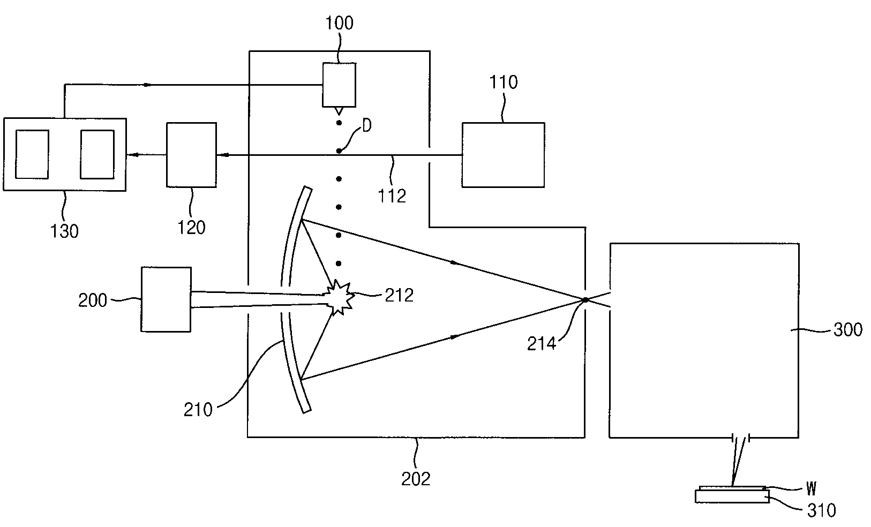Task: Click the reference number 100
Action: pos(340,24)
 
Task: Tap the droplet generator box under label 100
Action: pos(339,85)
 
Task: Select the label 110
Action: pos(504,82)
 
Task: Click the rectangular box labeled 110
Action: pos(503,155)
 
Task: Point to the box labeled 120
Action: pos(191,155)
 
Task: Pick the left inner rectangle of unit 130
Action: pos(32,154)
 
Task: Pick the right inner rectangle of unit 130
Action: pos(97,154)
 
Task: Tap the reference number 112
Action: pos(392,196)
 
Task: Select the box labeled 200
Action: pos(166,299)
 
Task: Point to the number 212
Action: pos(399,295)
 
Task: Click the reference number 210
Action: pos(198,410)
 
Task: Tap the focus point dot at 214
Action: pos(585,299)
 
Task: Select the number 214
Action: pos(542,343)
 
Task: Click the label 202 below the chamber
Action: pos(416,478)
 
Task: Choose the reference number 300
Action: pos(847,329)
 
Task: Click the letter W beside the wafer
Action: pos(811,488)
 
